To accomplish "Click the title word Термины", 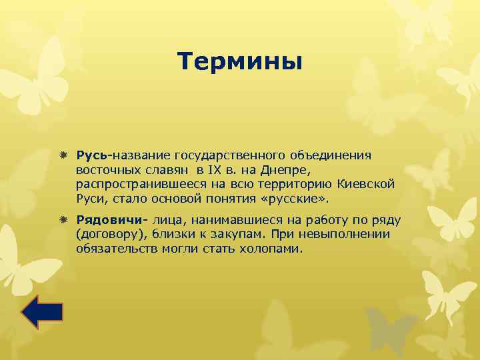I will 240,62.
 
